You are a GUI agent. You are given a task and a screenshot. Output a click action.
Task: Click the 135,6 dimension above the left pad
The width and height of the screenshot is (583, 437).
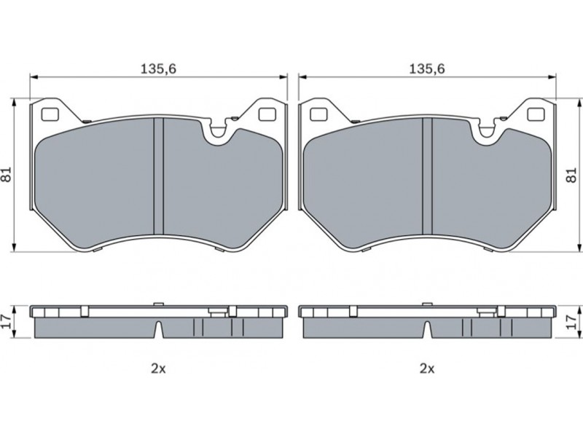158,68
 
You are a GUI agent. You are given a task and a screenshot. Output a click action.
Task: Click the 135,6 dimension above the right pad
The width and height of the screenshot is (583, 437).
427,68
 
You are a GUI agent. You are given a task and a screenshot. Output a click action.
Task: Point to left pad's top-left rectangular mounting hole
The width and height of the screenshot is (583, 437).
50,114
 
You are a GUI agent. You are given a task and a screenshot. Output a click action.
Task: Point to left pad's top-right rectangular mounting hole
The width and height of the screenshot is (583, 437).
266,114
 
